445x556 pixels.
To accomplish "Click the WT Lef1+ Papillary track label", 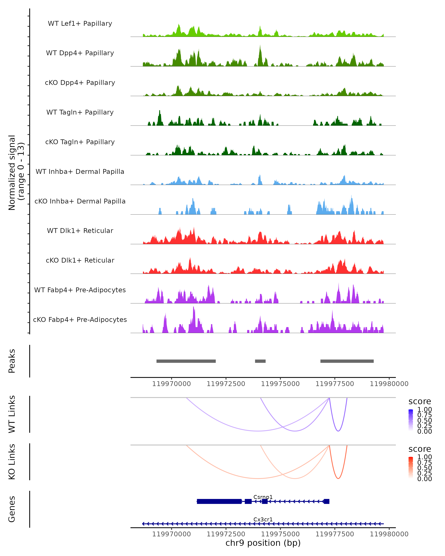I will (80, 24).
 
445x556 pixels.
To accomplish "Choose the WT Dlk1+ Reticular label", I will (80, 231).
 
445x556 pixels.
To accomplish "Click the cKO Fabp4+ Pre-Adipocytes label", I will (80, 320).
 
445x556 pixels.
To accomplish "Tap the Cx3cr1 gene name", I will (263, 519).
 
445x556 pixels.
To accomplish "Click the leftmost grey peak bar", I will (186, 361).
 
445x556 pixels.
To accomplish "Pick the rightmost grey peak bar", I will (347, 361).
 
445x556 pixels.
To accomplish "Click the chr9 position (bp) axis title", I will (263, 543).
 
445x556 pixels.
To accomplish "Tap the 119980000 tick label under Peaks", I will (389, 384).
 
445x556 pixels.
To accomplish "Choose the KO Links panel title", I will (12, 462).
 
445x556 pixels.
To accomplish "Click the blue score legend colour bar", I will (411, 420).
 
